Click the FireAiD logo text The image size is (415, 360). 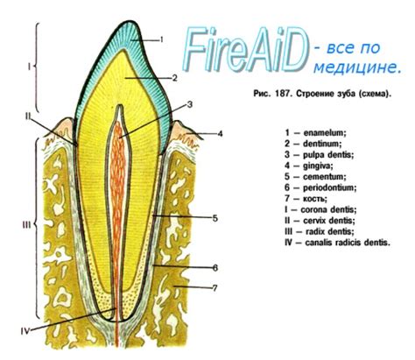pyautogui.click(x=245, y=49)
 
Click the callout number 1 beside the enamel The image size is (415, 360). pyautogui.click(x=161, y=39)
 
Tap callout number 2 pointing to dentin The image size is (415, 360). pyautogui.click(x=174, y=78)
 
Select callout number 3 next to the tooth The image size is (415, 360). pyautogui.click(x=190, y=104)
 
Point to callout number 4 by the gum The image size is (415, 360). pyautogui.click(x=220, y=134)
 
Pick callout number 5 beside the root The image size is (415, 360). pyautogui.click(x=215, y=218)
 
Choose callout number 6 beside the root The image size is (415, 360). pyautogui.click(x=215, y=268)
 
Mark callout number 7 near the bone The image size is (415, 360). pyautogui.click(x=215, y=288)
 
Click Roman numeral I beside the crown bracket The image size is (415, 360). pyautogui.click(x=29, y=67)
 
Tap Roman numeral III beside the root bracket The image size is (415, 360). pyautogui.click(x=26, y=225)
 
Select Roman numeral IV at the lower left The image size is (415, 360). pyautogui.click(x=25, y=331)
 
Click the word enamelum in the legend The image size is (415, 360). pyautogui.click(x=325, y=133)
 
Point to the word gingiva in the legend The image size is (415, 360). pyautogui.click(x=318, y=166)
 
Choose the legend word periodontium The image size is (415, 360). pyautogui.click(x=329, y=187)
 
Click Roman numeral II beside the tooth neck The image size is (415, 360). pyautogui.click(x=28, y=116)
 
